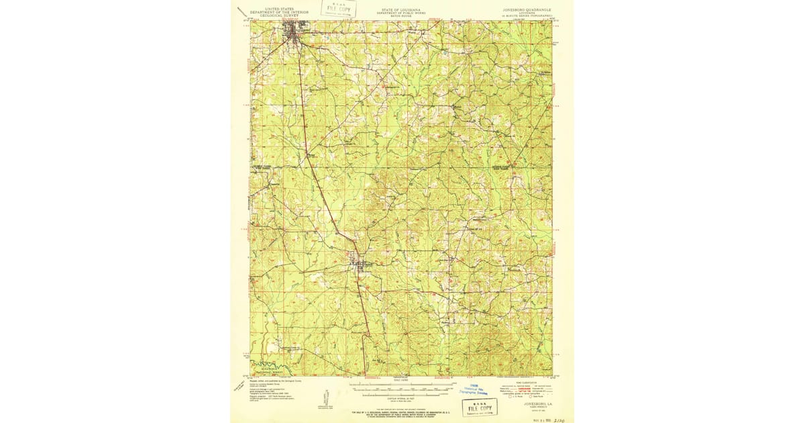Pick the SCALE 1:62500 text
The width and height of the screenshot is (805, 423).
(401, 380)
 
